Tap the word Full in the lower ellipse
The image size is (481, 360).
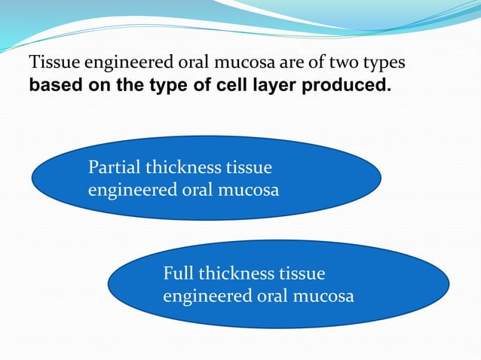point(178,273)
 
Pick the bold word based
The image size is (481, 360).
point(51,84)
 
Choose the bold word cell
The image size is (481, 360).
point(227,84)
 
